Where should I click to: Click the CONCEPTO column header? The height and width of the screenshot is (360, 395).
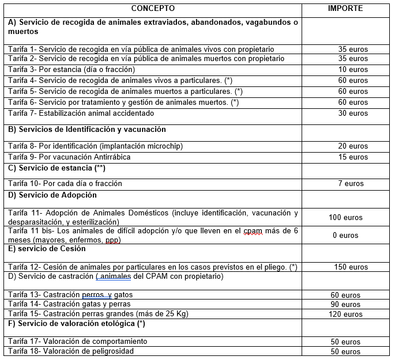point(153,9)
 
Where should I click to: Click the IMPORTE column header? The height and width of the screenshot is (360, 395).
point(345,9)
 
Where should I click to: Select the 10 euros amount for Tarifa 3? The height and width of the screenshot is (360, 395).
point(352,70)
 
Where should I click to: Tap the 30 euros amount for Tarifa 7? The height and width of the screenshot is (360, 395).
point(352,113)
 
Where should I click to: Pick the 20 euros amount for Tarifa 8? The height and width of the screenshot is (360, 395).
point(352,146)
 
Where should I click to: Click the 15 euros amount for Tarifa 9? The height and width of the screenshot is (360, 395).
point(352,157)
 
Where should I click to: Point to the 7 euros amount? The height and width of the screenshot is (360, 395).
point(351,184)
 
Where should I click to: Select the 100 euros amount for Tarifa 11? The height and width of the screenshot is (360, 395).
point(345,218)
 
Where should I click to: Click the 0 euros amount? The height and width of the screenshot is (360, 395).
point(345,235)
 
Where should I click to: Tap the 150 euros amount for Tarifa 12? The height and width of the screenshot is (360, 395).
point(351,267)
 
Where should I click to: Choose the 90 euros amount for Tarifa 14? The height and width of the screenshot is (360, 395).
point(345,304)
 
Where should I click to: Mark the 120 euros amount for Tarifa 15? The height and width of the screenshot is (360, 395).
point(345,314)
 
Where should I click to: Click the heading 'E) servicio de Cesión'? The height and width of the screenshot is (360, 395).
point(47,249)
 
